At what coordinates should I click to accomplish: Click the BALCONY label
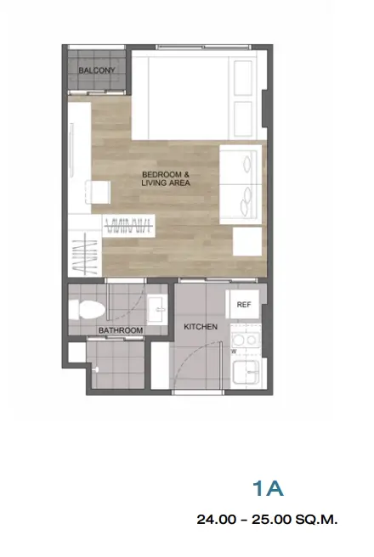pos(97,70)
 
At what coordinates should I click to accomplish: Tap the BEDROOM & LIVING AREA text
pos(166,178)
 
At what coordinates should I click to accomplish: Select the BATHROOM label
pos(121,330)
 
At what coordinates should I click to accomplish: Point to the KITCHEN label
pos(201,327)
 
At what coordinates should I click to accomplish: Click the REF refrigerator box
pos(244,305)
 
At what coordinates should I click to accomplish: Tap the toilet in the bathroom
pos(87,310)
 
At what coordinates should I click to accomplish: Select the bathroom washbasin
pos(156,310)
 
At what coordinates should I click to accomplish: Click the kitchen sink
pos(246,372)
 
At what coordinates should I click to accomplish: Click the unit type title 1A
pos(268,488)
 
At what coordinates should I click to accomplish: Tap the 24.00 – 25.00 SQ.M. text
pos(267,520)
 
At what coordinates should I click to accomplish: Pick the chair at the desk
pos(98,192)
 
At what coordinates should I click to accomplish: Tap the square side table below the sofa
pos(247,241)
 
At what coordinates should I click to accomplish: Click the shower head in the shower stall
pos(95,370)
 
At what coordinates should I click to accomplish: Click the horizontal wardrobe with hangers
pos(128,225)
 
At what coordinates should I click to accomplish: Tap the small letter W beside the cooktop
pos(234,352)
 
